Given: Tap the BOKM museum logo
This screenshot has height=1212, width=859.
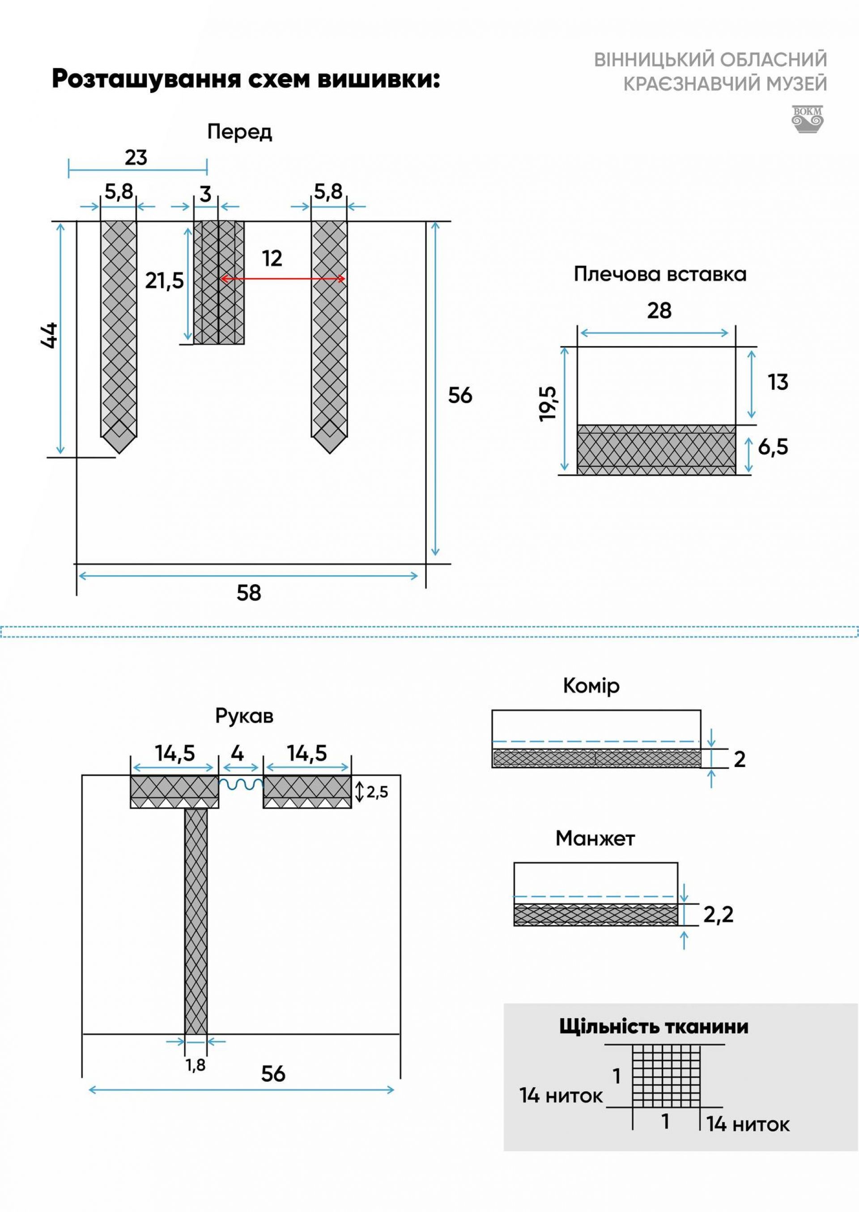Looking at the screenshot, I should [x=807, y=119].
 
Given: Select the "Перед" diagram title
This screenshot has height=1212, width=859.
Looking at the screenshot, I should [x=240, y=131].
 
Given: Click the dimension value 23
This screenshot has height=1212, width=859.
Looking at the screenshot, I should [x=136, y=157].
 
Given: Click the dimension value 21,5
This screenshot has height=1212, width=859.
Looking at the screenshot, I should [x=165, y=281].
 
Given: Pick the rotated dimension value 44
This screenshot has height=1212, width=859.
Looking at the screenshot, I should [x=49, y=335].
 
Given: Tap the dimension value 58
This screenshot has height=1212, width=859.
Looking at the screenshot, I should [x=249, y=593].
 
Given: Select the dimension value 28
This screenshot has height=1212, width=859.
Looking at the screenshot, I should [x=659, y=310].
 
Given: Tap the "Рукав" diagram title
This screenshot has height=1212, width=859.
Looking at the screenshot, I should [x=244, y=716].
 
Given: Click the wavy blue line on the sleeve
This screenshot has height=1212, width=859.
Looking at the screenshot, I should [x=241, y=784].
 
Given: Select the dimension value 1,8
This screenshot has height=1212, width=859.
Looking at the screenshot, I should [x=195, y=1065].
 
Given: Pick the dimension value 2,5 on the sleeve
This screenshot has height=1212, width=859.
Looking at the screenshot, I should [x=377, y=792].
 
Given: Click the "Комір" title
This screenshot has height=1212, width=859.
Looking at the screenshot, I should [x=591, y=686].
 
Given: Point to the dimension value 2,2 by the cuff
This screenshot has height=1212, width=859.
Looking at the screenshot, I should [x=719, y=914].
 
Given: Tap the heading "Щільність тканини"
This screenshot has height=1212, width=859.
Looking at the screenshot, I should [x=654, y=1026].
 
